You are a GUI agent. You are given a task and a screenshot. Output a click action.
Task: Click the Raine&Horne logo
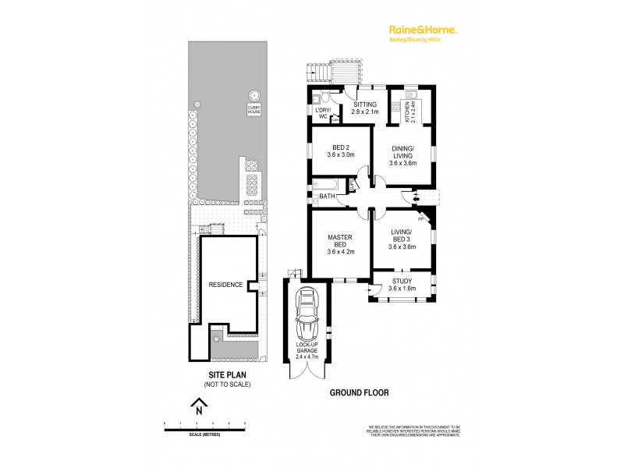(x=423, y=30)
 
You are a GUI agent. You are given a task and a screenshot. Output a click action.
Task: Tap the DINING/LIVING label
(x=403, y=155)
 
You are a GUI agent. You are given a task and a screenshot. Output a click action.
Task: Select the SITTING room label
(x=366, y=108)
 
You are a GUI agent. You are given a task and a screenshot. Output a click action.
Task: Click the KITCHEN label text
(x=406, y=113)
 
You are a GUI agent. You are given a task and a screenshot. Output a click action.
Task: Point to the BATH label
(x=327, y=197)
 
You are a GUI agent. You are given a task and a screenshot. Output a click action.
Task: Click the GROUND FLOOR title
(x=358, y=393)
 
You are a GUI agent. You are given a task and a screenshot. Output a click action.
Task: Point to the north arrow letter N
(x=200, y=409)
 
